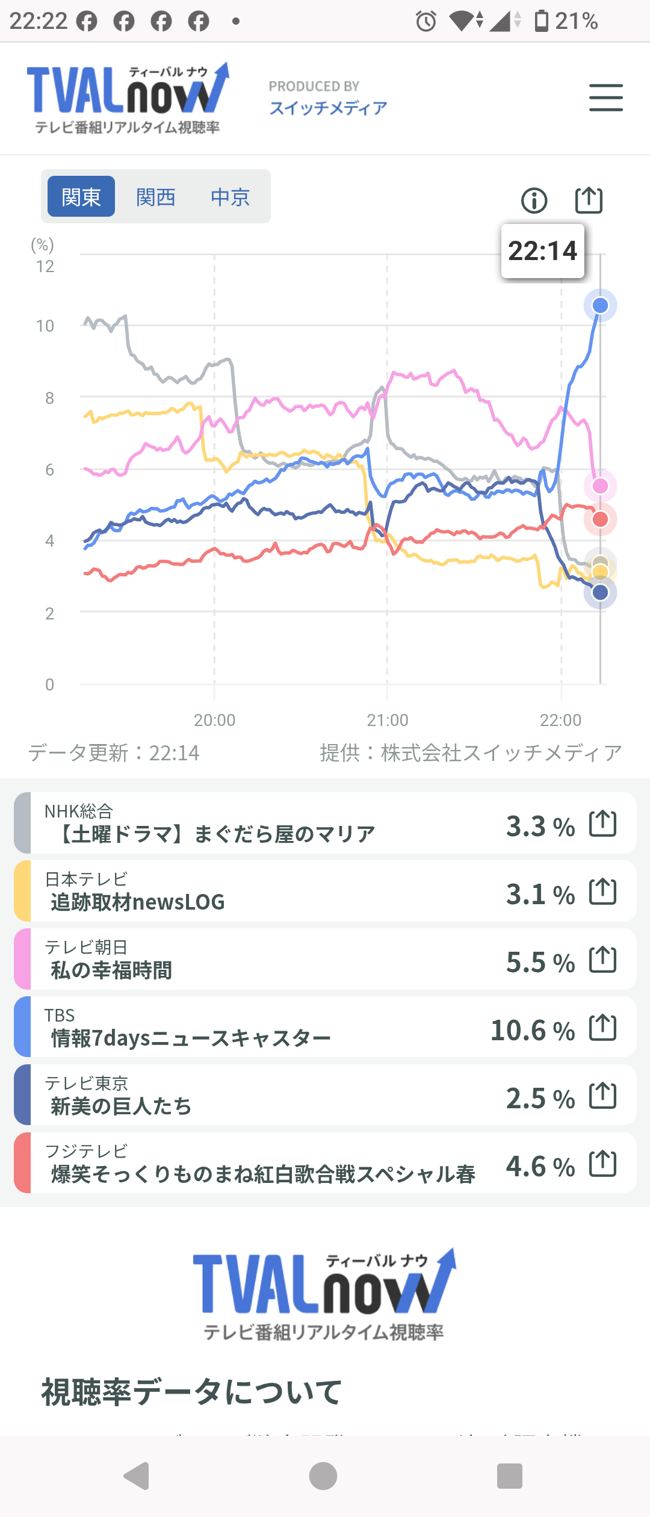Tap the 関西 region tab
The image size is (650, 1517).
tap(155, 197)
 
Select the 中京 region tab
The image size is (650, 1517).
tap(230, 197)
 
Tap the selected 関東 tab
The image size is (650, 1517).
tap(81, 197)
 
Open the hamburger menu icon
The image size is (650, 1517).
tap(605, 98)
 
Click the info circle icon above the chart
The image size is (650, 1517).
tap(534, 200)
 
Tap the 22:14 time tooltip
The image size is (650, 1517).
tap(542, 251)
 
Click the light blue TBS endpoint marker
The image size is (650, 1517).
tap(600, 306)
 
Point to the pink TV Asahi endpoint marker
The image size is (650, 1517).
tap(600, 486)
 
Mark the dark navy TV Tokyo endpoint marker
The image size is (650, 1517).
tap(600, 592)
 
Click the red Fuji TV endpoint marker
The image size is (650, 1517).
tap(600, 520)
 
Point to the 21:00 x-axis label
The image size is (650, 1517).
tap(388, 720)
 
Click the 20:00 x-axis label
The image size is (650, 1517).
tap(215, 720)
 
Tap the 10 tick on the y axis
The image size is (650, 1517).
tap(45, 326)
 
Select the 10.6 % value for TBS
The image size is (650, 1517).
tap(532, 1030)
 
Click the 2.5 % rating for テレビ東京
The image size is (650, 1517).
tap(540, 1098)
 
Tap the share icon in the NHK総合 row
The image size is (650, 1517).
tap(602, 824)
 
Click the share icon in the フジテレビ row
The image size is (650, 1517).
tap(602, 1163)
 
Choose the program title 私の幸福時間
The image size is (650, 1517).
tap(111, 970)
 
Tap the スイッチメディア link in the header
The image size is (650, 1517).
tap(328, 108)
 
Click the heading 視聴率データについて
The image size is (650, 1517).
tap(191, 1392)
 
